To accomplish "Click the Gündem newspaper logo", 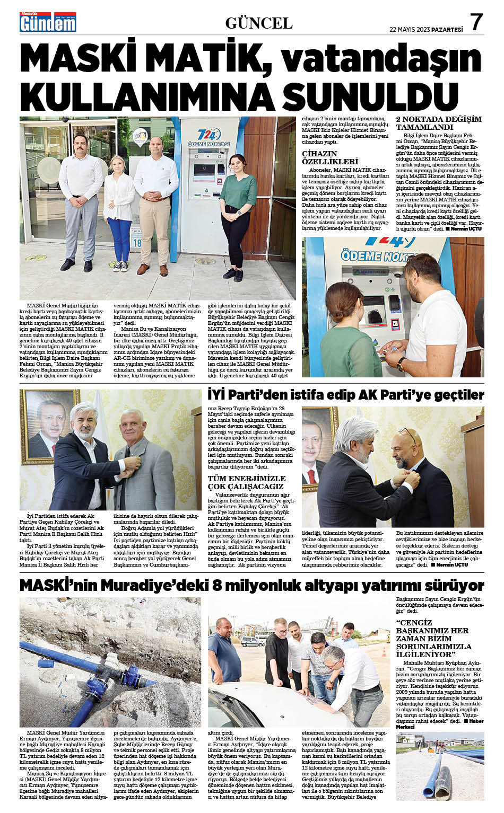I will click(x=48, y=22).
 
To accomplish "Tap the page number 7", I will click(x=476, y=22).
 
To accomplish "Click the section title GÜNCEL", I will click(x=259, y=23).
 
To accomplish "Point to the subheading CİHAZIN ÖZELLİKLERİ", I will click(x=330, y=157).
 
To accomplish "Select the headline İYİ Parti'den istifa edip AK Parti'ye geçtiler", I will click(x=345, y=395).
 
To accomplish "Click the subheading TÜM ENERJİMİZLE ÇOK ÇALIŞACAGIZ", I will click(x=246, y=482).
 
